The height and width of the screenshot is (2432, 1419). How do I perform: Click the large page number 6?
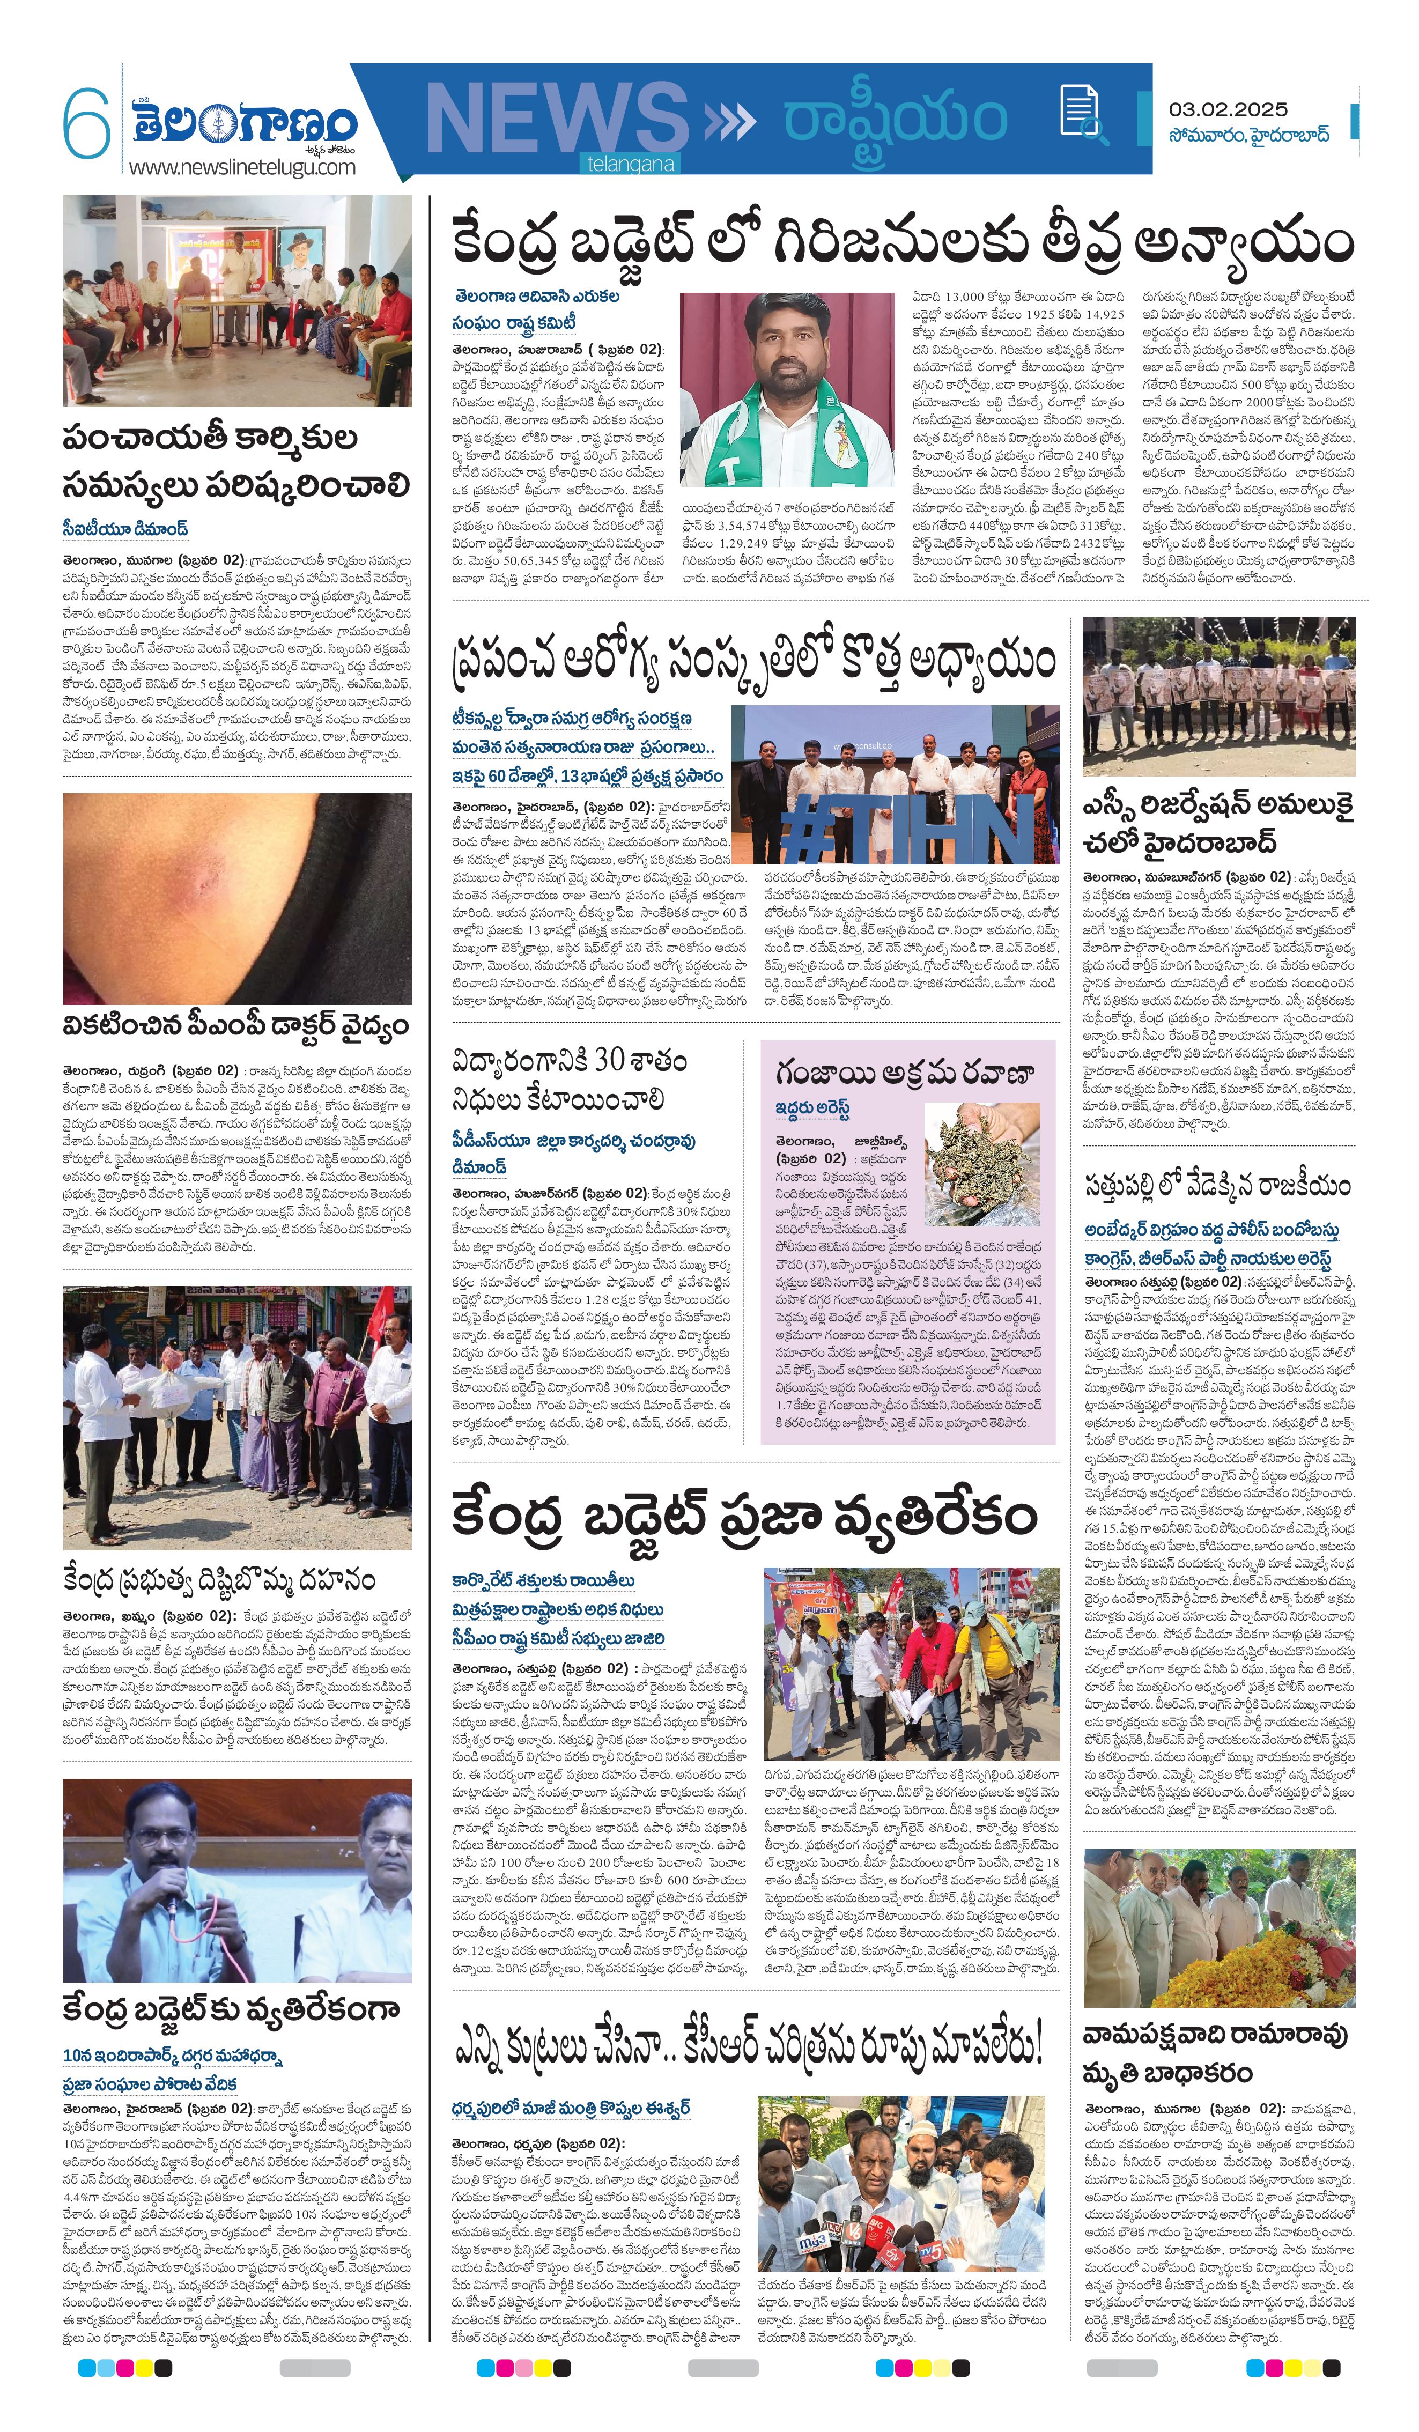pos(87,123)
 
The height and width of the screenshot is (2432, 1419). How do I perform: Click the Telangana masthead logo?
pos(244,123)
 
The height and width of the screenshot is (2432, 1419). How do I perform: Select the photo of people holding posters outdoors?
pos(1218,696)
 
